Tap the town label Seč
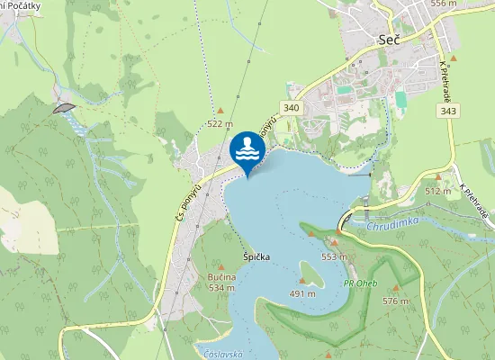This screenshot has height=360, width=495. (x=389, y=40)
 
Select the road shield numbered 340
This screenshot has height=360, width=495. (x=290, y=108)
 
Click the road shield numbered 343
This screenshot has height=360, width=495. (x=447, y=110)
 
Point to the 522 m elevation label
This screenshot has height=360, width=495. (x=220, y=124)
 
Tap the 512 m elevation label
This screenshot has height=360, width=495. (x=437, y=192)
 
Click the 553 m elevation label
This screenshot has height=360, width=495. (x=334, y=256)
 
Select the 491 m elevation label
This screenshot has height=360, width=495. (x=302, y=293)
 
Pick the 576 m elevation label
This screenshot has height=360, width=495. (x=395, y=301)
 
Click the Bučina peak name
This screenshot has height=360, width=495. (x=220, y=277)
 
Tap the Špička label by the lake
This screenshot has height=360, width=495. (x=256, y=257)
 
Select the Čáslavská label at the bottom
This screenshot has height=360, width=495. (x=223, y=354)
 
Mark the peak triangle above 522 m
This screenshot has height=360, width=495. (x=220, y=112)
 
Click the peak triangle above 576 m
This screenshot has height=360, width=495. (x=394, y=289)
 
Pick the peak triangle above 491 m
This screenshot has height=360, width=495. (x=302, y=281)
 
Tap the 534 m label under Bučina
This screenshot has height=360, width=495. (x=221, y=288)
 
